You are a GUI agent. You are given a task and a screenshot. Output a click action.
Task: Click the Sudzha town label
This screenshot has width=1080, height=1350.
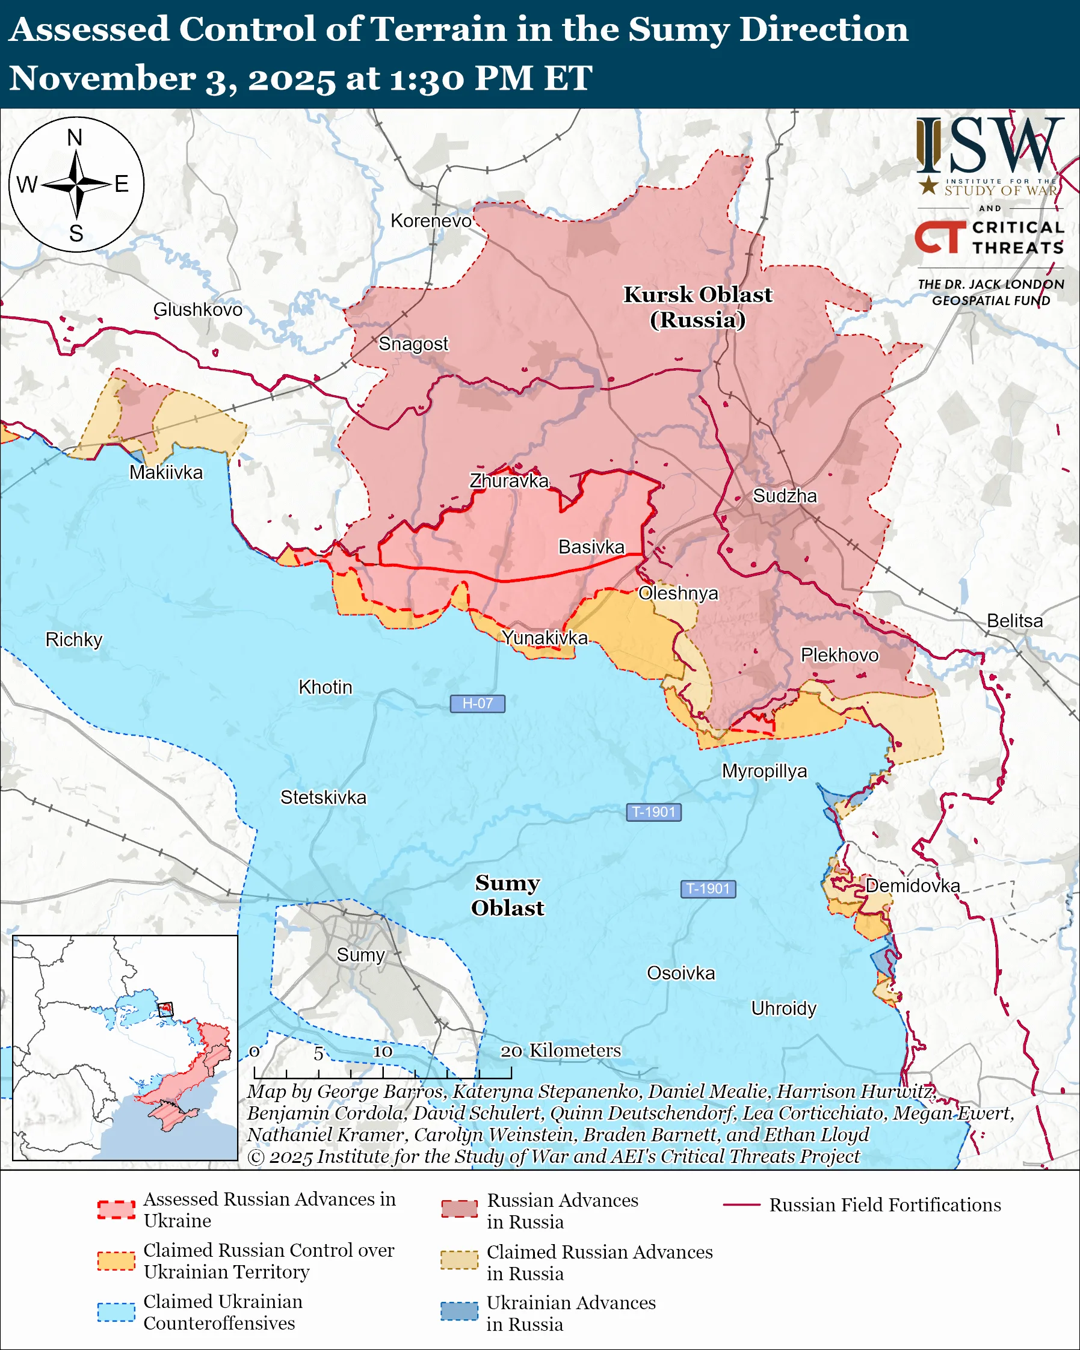(x=785, y=496)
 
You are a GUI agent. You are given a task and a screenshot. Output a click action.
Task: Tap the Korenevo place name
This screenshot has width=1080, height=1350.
(x=431, y=220)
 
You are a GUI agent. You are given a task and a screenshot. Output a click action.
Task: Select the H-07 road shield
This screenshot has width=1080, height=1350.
(x=477, y=703)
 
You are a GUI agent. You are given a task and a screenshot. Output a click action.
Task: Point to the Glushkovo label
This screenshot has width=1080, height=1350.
(x=197, y=309)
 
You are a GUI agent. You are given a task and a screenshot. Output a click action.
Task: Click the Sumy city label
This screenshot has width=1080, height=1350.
(x=360, y=955)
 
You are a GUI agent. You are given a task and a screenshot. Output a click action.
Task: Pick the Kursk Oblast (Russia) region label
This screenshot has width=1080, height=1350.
(x=697, y=307)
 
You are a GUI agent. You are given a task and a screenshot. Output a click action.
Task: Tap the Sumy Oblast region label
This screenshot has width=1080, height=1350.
(x=507, y=895)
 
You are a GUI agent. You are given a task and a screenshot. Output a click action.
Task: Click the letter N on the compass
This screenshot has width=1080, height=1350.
(x=75, y=137)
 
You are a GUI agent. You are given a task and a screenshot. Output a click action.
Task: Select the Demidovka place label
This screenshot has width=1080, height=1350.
(x=912, y=886)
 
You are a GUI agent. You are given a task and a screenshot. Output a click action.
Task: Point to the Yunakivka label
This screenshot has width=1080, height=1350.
(x=545, y=638)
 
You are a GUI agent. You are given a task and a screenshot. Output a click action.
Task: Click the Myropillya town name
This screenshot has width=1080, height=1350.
(x=765, y=771)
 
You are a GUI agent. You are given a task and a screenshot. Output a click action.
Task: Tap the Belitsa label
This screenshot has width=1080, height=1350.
(x=1014, y=620)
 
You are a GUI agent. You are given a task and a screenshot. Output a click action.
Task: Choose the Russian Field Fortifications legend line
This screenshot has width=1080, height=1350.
(x=741, y=1205)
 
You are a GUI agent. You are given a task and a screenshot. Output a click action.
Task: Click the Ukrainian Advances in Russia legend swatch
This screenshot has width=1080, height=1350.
(x=459, y=1311)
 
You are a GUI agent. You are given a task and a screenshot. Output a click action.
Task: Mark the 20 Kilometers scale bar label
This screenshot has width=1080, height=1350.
(x=560, y=1050)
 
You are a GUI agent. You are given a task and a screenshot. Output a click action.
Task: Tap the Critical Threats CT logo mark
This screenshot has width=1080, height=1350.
(x=939, y=236)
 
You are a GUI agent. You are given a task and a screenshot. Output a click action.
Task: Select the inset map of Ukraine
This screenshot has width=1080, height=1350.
(x=125, y=1047)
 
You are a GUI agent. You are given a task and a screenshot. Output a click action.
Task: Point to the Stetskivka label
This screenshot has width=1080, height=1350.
(x=323, y=797)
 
